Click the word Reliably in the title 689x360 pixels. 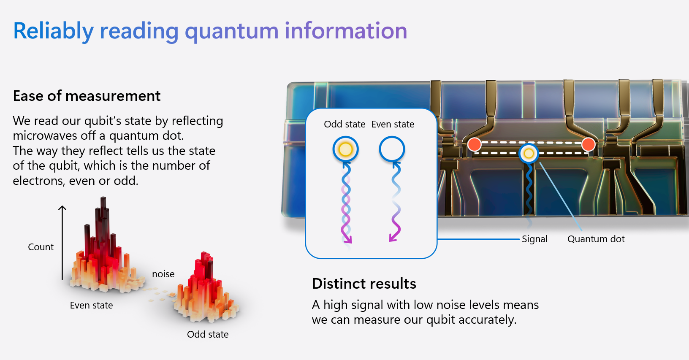pos(53,31)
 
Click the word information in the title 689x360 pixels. pos(346,31)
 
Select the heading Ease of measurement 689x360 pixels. pos(87,96)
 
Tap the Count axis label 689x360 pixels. pos(41,247)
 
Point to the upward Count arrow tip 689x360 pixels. pos(62,207)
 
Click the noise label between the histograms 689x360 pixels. pos(163,274)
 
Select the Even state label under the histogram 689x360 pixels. pos(91,305)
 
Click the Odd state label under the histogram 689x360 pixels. pos(208,334)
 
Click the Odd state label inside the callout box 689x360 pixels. pos(344,125)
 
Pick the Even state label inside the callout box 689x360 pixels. pos(393,125)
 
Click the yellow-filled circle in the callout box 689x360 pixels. pos(345,149)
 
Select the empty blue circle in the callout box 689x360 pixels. pos(392,149)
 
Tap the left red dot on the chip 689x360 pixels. pos(475,144)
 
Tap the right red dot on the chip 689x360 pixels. pos(588,144)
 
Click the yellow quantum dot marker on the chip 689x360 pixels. pos(529,153)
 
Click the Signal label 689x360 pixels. pos(534,239)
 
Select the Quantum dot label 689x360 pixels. pos(596,239)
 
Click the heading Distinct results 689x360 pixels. pos(364,284)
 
